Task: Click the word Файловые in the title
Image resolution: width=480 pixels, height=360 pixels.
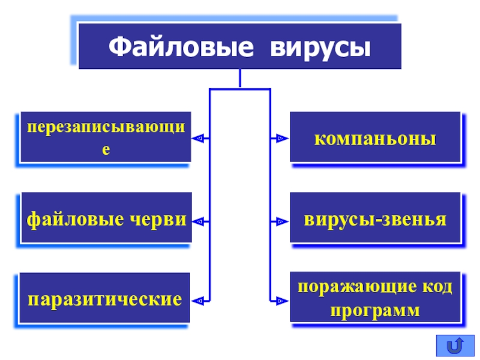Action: (x=181, y=47)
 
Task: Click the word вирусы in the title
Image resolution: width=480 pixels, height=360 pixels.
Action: (x=320, y=49)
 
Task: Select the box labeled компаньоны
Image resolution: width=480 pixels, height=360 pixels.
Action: (x=376, y=137)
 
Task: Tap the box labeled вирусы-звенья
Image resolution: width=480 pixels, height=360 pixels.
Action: (x=376, y=218)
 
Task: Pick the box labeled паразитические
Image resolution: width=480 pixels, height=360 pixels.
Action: (x=104, y=298)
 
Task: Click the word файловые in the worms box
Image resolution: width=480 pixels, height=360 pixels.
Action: (x=76, y=220)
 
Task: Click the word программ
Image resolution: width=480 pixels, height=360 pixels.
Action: (x=375, y=311)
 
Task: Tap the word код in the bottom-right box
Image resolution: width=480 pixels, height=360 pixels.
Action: (x=437, y=287)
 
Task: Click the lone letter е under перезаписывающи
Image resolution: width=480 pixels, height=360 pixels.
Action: (x=106, y=149)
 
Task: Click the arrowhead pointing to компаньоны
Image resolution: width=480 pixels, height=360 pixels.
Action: (x=282, y=139)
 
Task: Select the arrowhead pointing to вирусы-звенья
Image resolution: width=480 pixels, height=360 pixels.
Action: (x=282, y=221)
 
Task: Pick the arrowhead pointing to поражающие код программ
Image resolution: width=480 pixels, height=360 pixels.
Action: (x=282, y=301)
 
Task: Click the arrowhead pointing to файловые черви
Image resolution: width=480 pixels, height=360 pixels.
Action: (x=199, y=221)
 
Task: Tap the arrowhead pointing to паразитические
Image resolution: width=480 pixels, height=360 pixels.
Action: (x=198, y=301)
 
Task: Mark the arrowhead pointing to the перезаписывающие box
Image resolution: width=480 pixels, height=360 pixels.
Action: (x=198, y=139)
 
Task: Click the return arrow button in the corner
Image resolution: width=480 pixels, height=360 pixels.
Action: (x=455, y=346)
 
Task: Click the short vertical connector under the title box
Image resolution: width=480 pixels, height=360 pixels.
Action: (x=240, y=79)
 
